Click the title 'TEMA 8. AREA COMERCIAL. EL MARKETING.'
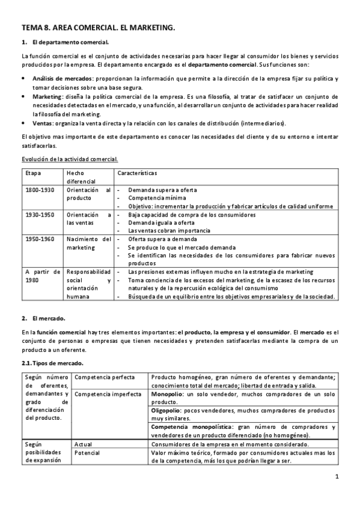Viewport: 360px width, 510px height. [98, 28]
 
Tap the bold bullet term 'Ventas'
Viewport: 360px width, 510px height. [41, 123]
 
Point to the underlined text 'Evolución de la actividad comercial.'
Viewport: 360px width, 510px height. [69, 159]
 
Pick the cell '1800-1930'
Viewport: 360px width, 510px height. [40, 190]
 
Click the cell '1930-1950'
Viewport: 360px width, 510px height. [40, 214]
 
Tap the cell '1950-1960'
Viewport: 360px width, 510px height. [40, 239]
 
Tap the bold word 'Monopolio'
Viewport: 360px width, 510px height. [168, 394]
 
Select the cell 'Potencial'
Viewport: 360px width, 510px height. [88, 452]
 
